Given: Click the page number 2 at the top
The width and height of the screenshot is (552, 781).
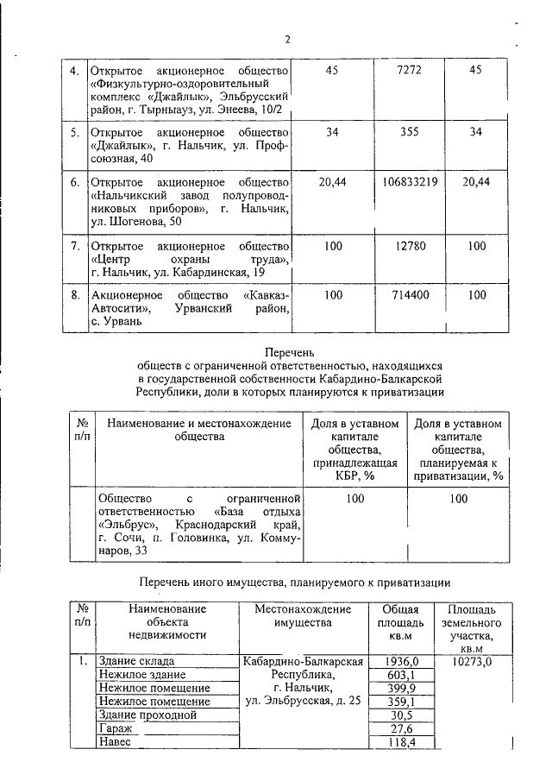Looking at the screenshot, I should [x=288, y=39].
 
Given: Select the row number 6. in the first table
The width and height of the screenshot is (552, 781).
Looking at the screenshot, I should [x=75, y=182].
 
